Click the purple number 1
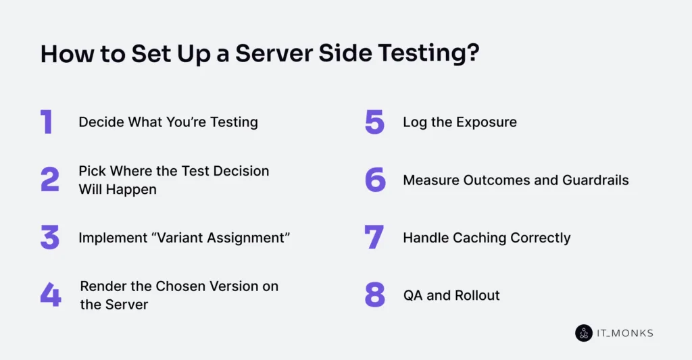pyautogui.click(x=47, y=122)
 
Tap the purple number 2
pyautogui.click(x=50, y=180)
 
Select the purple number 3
pyautogui.click(x=50, y=238)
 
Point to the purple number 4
pyautogui.click(x=50, y=295)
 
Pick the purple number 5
pyautogui.click(x=374, y=122)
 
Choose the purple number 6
pyautogui.click(x=375, y=180)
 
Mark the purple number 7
pyautogui.click(x=374, y=238)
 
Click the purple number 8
pyautogui.click(x=375, y=295)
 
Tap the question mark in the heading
pyautogui.click(x=473, y=55)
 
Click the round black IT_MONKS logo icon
pyautogui.click(x=583, y=333)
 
